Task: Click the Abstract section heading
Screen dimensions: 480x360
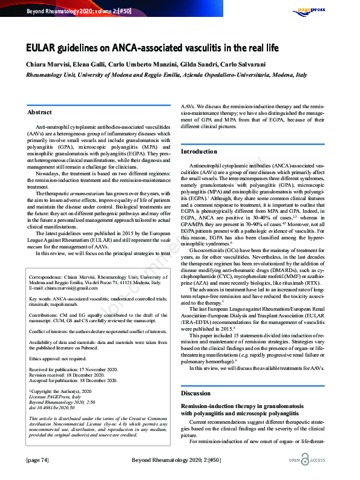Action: tap(40, 112)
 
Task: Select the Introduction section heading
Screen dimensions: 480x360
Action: tap(200, 151)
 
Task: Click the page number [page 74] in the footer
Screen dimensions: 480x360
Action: tap(38, 460)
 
